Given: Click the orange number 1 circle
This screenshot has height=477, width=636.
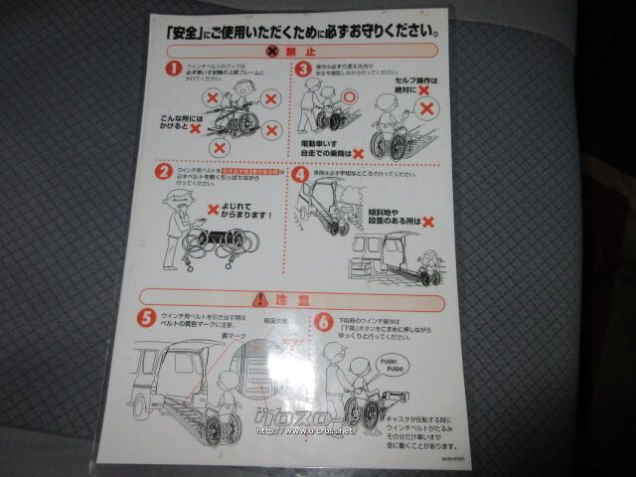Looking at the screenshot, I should coord(173,69).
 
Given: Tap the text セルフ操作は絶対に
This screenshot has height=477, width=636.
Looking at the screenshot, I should coord(403,84).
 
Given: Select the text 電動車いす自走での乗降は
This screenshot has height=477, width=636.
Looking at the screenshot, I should coord(330,152).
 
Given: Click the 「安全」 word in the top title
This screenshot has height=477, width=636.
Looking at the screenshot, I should coord(186,29).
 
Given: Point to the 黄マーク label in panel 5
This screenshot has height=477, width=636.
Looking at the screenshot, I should coord(234,338).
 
